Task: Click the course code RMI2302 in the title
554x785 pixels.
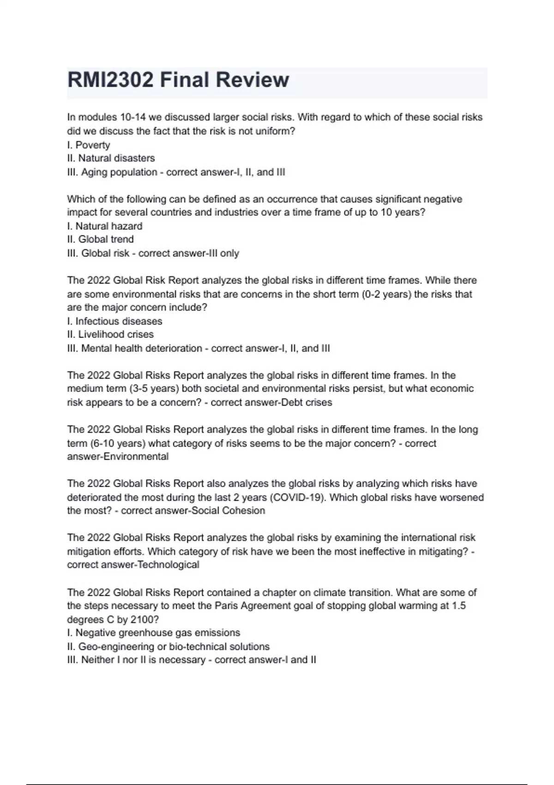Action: [x=110, y=80]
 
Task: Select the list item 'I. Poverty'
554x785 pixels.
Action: [x=89, y=145]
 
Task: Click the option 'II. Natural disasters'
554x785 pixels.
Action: [x=111, y=158]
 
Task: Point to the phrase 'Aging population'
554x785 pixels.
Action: [x=119, y=172]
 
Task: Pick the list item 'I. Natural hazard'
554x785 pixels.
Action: [x=105, y=226]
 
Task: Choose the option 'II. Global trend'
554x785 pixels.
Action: [x=101, y=240]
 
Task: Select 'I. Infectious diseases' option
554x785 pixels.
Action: [x=114, y=321]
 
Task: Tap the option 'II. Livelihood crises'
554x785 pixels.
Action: [x=110, y=335]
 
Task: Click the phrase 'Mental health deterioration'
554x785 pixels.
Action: [x=142, y=349]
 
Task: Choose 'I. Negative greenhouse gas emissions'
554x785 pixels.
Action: [x=154, y=633]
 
